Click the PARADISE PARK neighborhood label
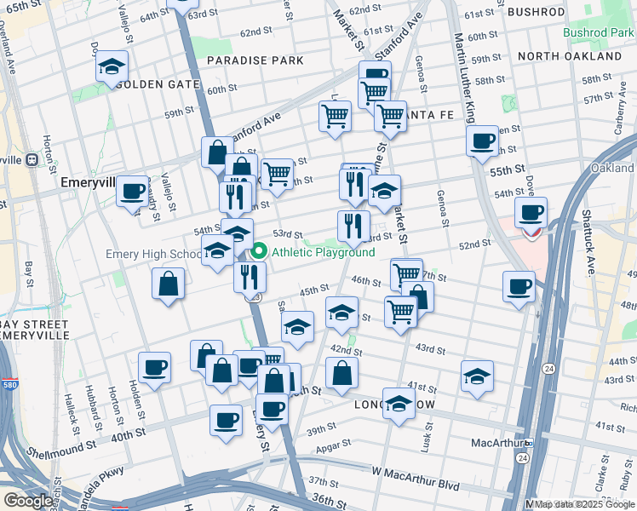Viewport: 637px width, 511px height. [x=255, y=61]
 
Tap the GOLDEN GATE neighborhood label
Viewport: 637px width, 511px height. [x=158, y=85]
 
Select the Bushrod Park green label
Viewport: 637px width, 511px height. [x=597, y=32]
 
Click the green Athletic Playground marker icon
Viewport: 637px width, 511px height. [x=259, y=252]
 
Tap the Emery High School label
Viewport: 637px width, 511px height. [x=153, y=254]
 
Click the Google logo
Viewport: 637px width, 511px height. [x=28, y=501]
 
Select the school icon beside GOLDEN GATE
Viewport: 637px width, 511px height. [x=112, y=67]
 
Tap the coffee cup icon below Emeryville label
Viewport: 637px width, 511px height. [x=132, y=192]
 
